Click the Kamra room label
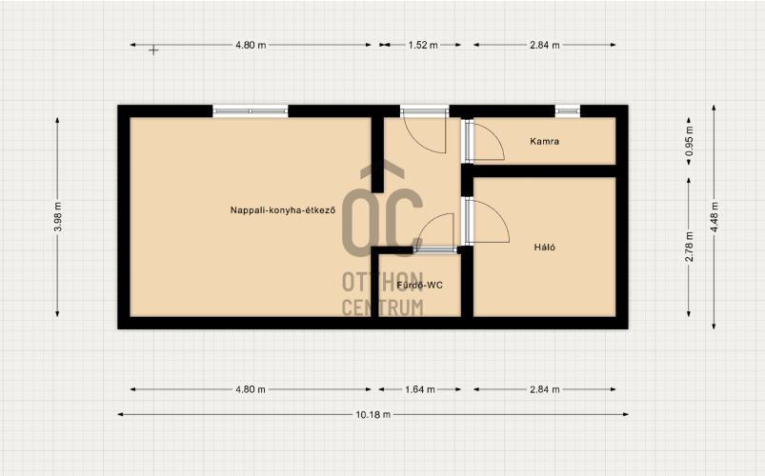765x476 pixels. [x=545, y=142]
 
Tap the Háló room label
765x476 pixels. [x=545, y=248]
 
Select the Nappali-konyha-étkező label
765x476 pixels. [x=283, y=210]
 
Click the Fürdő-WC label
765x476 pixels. [x=419, y=285]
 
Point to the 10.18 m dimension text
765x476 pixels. [x=373, y=414]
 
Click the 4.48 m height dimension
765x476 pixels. [x=714, y=216]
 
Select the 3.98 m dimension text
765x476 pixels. [x=57, y=216]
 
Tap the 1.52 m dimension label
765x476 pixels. [x=423, y=45]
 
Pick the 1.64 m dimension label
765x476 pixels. [x=420, y=389]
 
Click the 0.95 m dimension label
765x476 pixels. [x=689, y=142]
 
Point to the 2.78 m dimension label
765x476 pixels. [x=689, y=247]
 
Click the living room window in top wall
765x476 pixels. [x=251, y=111]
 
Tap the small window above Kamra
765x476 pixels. [x=568, y=111]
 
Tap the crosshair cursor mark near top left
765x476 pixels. [x=153, y=50]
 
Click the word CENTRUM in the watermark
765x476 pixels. [x=383, y=307]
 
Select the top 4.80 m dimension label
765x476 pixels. [x=251, y=45]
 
